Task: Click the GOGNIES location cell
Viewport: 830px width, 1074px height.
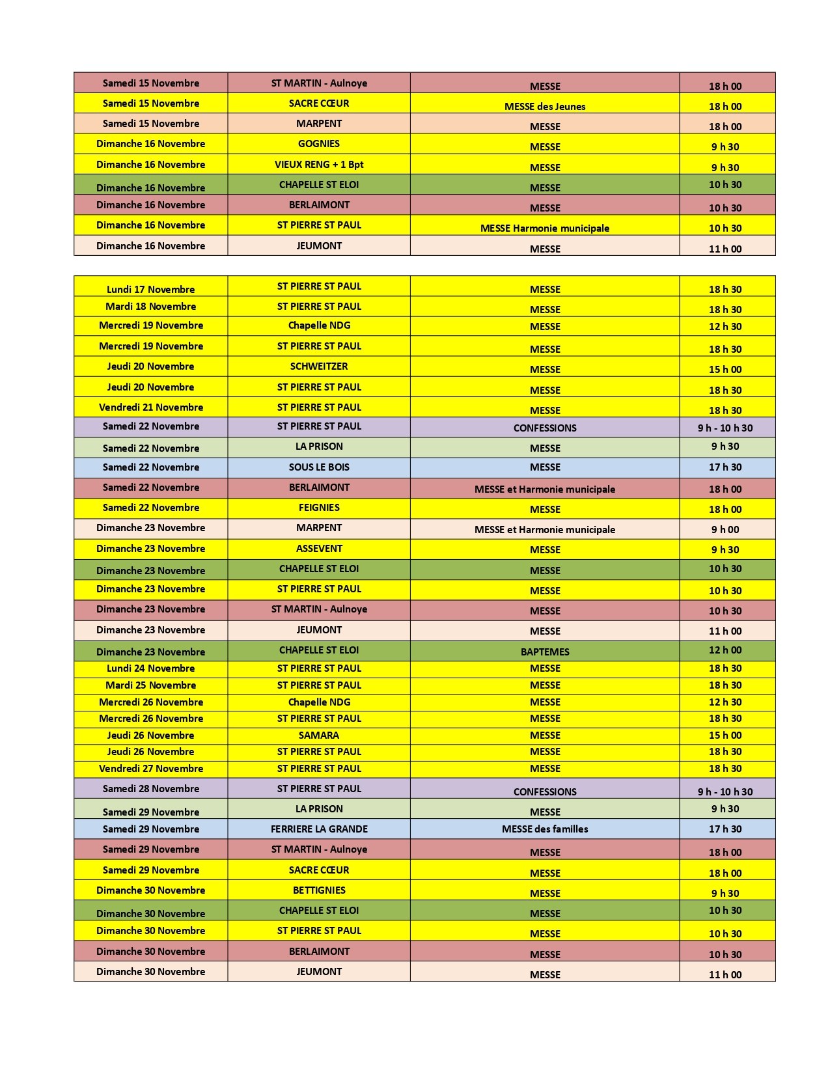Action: click(319, 144)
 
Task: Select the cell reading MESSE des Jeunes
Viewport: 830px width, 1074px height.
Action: click(545, 106)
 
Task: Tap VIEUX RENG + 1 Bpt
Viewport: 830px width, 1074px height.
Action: click(319, 165)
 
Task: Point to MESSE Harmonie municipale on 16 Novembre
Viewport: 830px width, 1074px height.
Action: click(545, 228)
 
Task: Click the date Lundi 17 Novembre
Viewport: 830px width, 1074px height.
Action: click(150, 289)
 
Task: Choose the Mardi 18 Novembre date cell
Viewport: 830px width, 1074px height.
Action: click(150, 307)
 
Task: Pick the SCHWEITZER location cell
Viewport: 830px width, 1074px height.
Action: click(319, 366)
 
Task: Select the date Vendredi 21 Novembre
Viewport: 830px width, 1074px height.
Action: click(150, 407)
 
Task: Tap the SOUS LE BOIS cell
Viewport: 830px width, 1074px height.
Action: click(319, 467)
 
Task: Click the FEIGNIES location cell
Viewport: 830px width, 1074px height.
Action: click(319, 508)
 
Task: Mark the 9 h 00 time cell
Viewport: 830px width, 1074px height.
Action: click(725, 530)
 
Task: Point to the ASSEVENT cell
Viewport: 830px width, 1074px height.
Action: click(319, 549)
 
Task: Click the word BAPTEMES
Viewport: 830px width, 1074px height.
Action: click(545, 652)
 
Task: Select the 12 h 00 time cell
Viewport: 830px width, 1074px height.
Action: click(725, 650)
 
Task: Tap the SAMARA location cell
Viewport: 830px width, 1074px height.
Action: click(319, 736)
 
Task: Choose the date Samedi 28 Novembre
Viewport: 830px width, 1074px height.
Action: click(150, 789)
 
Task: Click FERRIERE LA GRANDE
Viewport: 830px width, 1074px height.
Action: click(319, 829)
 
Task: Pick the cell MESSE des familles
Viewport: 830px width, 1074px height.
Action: click(545, 829)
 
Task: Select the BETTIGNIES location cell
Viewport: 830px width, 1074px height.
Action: click(319, 890)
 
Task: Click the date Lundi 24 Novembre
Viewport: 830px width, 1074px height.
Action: click(150, 668)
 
